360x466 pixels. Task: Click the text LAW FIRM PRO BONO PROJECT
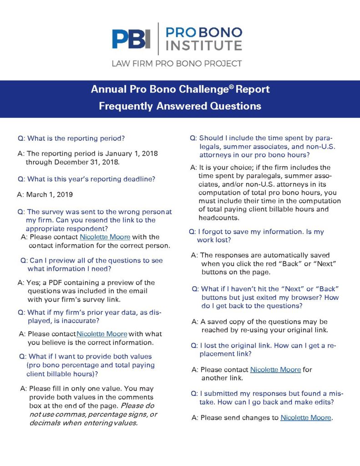click(x=177, y=63)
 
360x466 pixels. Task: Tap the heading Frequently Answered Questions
click(x=180, y=106)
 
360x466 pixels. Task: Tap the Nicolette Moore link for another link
click(x=275, y=370)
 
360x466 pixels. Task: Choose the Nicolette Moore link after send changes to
click(x=306, y=417)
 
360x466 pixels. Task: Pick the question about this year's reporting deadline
click(x=86, y=179)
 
